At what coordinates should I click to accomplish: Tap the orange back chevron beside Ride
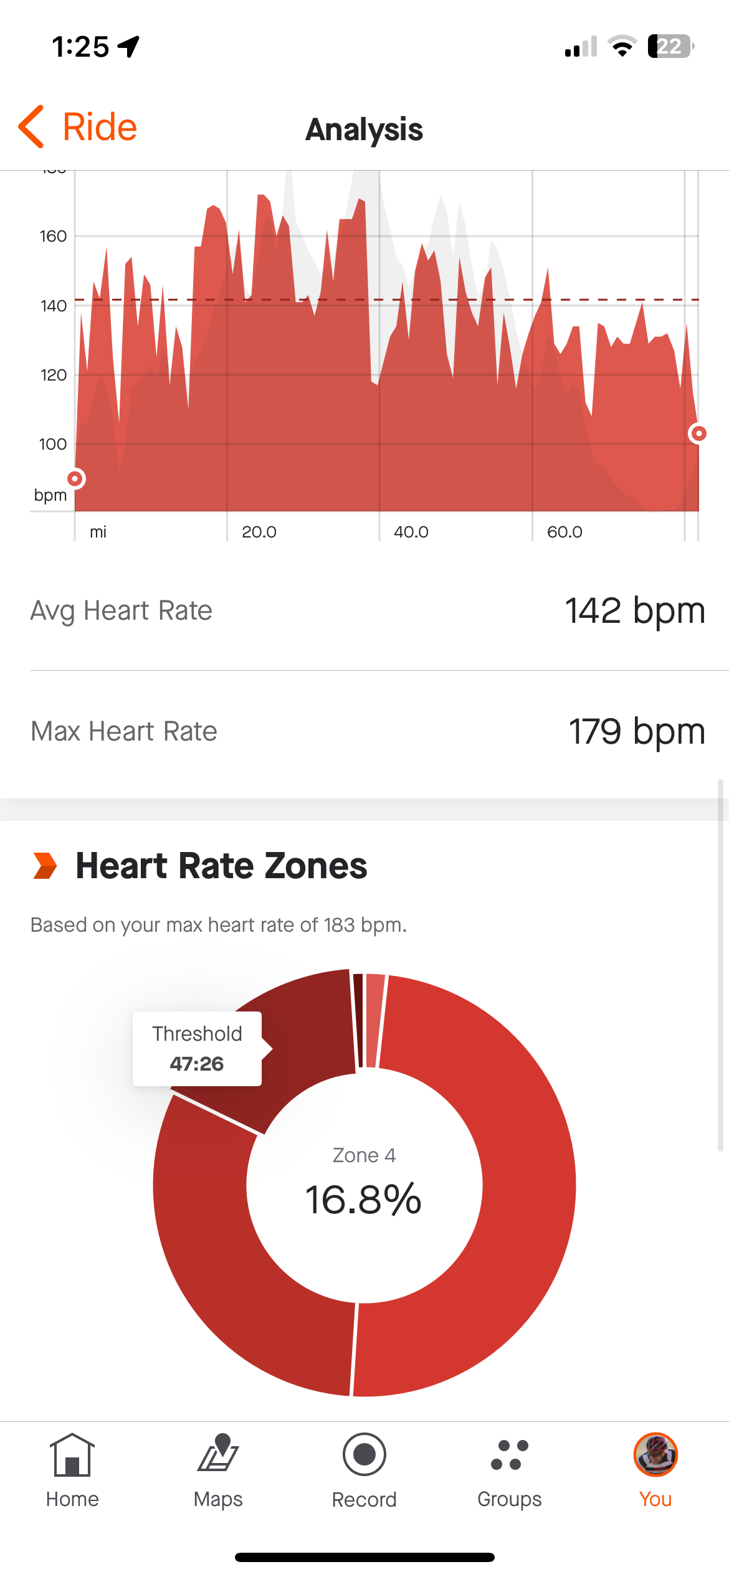(x=31, y=126)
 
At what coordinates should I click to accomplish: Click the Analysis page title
(x=364, y=130)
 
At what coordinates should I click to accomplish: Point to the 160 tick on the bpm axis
(x=53, y=237)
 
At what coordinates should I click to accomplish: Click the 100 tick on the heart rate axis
(x=53, y=445)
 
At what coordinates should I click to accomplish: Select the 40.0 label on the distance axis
(x=411, y=532)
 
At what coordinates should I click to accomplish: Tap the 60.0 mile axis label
(x=565, y=532)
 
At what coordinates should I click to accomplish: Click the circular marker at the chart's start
(x=75, y=478)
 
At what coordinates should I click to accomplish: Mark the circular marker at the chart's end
(x=698, y=433)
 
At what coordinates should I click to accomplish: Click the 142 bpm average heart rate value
(x=634, y=610)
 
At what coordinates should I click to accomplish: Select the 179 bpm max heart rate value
(x=636, y=731)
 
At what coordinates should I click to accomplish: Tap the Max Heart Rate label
(x=124, y=731)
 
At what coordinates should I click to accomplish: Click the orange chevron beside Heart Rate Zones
(x=45, y=866)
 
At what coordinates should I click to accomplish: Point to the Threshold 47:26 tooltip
(x=197, y=1049)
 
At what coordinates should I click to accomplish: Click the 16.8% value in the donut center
(x=363, y=1199)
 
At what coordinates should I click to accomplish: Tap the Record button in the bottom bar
(x=364, y=1455)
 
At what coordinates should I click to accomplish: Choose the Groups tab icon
(x=510, y=1455)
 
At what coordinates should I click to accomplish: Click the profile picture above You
(x=655, y=1455)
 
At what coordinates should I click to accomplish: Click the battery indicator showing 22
(x=670, y=46)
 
